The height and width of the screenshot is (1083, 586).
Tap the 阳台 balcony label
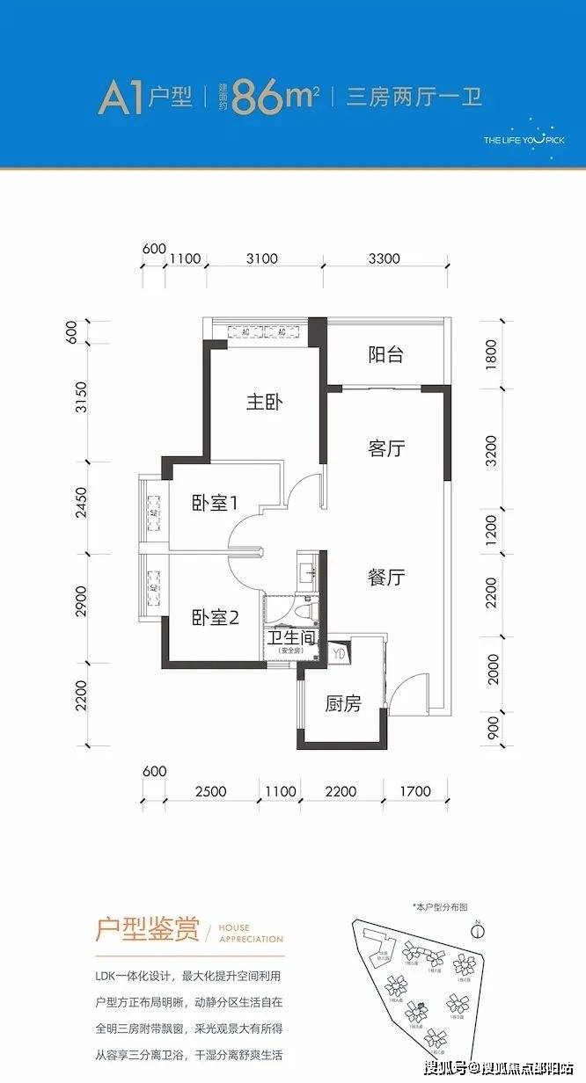point(385,354)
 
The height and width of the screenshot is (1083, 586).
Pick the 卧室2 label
point(216,618)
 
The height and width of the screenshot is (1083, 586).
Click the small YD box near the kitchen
point(339,653)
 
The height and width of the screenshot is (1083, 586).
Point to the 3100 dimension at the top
point(262,258)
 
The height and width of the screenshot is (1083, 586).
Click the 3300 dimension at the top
point(384,258)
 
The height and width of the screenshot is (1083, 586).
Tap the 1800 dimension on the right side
point(491,358)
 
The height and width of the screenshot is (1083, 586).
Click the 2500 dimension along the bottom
point(210,791)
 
